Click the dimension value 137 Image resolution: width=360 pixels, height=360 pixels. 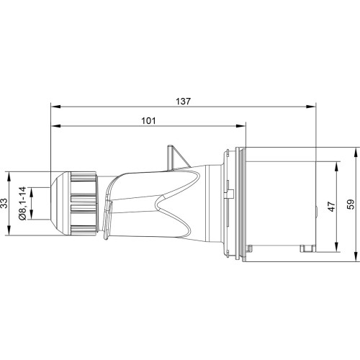tap(183, 102)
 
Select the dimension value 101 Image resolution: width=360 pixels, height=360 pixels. tap(148, 121)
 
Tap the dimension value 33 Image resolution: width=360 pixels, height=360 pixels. tap(5, 203)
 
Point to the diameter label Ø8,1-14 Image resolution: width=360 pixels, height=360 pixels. tap(22, 203)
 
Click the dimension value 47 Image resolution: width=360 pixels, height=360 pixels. tap(332, 207)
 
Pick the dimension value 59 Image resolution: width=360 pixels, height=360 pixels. tap(351, 204)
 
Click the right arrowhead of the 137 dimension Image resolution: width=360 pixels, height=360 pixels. tap(311, 107)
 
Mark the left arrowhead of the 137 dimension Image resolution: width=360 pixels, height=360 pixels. tap(55, 107)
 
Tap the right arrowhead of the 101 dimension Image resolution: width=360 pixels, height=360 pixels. tap(241, 126)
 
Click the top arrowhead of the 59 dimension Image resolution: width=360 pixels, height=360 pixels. tap(356, 152)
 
